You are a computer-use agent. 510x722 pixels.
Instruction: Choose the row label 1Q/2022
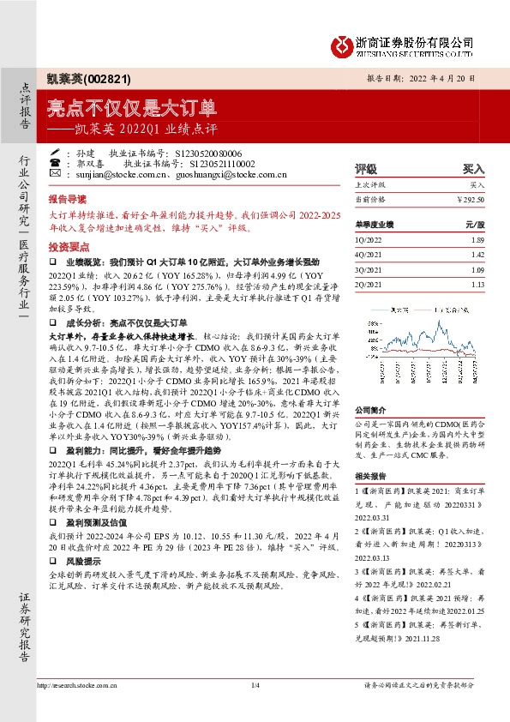pyautogui.click(x=369, y=241)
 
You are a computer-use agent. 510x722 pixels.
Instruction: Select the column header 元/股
pyautogui.click(x=475, y=224)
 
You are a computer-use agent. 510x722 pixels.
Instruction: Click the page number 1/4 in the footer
pyautogui.click(x=255, y=685)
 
